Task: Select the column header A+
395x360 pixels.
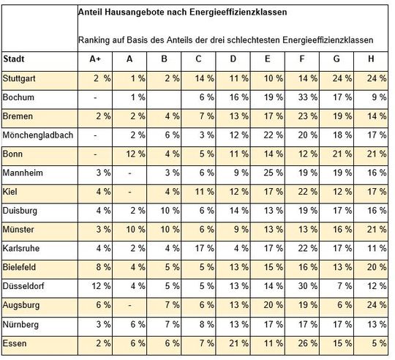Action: click(94, 59)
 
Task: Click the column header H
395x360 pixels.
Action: click(373, 59)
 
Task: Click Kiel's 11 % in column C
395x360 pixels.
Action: click(201, 191)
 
